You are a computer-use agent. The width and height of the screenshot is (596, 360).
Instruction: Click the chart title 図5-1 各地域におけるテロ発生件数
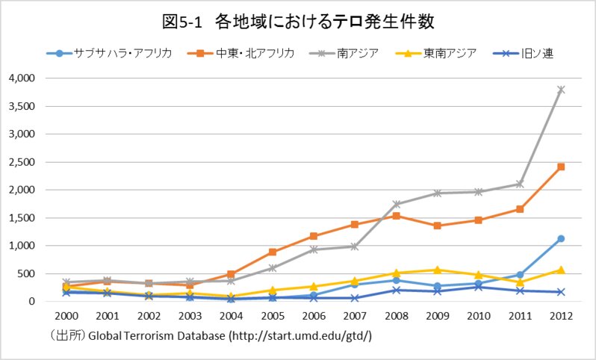(x=298, y=22)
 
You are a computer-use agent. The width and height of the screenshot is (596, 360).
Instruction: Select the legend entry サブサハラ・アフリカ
(x=110, y=53)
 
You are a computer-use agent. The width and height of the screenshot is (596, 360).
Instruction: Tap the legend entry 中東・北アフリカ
(x=241, y=53)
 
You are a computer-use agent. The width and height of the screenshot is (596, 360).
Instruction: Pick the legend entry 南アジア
(x=344, y=53)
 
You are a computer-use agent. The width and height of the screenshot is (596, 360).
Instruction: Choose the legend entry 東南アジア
(x=436, y=53)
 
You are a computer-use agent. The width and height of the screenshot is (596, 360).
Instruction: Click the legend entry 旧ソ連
(x=523, y=53)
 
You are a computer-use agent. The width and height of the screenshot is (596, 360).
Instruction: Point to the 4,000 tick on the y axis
(x=21, y=78)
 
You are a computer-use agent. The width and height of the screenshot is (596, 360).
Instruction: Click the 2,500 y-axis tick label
(x=21, y=162)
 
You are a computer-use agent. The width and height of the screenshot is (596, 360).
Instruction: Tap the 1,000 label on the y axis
(x=21, y=246)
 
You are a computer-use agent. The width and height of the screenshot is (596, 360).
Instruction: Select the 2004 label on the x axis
(x=232, y=316)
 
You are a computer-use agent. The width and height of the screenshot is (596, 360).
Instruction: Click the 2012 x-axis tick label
(x=561, y=316)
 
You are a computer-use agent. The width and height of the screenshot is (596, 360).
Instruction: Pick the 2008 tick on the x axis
(x=396, y=316)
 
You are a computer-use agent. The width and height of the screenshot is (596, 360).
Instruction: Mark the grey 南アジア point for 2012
(x=561, y=90)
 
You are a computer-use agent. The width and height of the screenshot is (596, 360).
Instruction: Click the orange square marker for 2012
(x=561, y=167)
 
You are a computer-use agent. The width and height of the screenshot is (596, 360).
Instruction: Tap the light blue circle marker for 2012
(x=561, y=239)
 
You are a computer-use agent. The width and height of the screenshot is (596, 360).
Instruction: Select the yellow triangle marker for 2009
(x=437, y=270)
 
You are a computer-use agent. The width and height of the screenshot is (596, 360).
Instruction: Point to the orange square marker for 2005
(x=273, y=252)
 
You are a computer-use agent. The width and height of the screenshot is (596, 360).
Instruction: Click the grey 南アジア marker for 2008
(x=396, y=204)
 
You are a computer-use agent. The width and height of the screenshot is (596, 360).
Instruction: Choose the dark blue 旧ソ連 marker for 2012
(x=561, y=292)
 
